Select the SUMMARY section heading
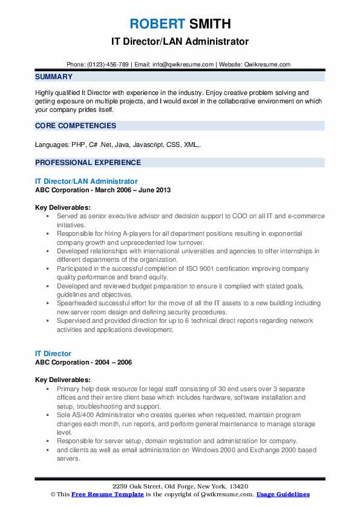[54, 77]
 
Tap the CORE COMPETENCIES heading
[76, 126]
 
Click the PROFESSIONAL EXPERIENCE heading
[88, 163]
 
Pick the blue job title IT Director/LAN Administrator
[87, 181]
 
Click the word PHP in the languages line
[78, 146]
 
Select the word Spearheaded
[77, 303]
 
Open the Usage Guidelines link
[283, 494]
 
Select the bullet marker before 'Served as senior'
[48, 216]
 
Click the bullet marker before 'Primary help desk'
[48, 389]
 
